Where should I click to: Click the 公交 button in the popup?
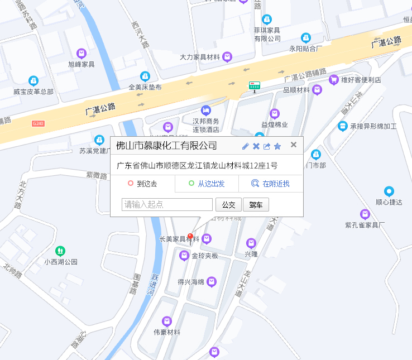tap(228, 204)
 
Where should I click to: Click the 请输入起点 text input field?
tap(167, 204)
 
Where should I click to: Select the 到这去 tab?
tap(143, 184)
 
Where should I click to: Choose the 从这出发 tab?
tap(207, 184)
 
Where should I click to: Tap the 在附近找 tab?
tap(271, 184)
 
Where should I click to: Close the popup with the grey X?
tap(294, 145)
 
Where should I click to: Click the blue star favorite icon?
tap(277, 146)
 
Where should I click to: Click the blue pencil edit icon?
tap(245, 146)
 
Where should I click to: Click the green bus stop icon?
tap(255, 85)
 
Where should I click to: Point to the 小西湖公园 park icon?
tap(60, 251)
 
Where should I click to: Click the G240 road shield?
tap(38, 123)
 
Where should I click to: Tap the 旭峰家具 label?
tap(82, 64)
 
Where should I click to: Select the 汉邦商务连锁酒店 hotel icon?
tap(206, 110)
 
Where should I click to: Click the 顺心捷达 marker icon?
tap(389, 191)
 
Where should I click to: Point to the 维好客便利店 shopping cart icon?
tap(334, 80)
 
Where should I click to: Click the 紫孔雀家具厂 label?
tap(365, 225)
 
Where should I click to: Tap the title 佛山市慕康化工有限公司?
tap(166, 146)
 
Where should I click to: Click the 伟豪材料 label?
tap(167, 332)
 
